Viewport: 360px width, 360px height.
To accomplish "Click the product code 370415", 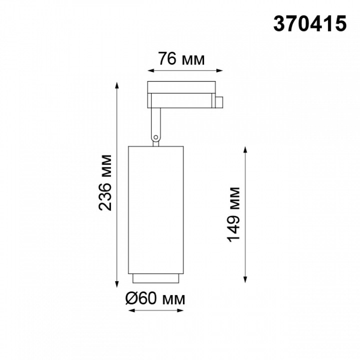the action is click(x=309, y=24).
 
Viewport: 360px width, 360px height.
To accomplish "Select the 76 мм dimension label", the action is click(x=181, y=59).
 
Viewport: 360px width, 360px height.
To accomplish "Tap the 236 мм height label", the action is click(x=105, y=183).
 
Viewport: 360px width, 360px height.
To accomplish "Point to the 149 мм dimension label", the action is click(x=233, y=214).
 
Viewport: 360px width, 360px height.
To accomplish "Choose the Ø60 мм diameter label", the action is click(x=155, y=299).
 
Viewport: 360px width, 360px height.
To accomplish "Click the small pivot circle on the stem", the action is click(x=156, y=137).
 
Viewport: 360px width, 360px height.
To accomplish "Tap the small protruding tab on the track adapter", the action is click(x=219, y=102).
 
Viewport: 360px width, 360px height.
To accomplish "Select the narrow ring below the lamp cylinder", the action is click(x=155, y=278).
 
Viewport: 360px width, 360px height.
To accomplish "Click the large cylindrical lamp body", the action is click(x=155, y=210).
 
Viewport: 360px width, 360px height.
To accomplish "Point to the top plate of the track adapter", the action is click(x=181, y=87).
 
